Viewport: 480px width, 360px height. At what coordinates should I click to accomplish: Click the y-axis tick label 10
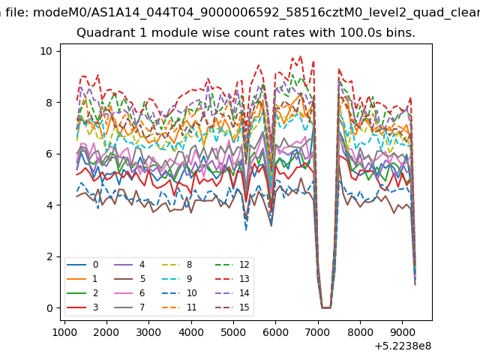tap(46, 51)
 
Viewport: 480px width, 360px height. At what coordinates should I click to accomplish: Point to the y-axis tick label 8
tap(49, 103)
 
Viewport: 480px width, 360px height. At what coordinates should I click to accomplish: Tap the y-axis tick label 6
tap(49, 154)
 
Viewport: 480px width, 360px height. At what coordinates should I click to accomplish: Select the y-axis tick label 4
tap(49, 205)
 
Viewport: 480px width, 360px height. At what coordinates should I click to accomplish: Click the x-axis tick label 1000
tap(64, 332)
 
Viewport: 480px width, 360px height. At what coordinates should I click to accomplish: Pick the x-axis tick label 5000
tap(233, 332)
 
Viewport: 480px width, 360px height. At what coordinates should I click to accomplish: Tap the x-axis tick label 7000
tap(318, 332)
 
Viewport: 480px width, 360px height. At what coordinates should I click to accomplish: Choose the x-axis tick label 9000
tap(402, 332)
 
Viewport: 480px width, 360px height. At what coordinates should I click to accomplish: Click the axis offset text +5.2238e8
tap(403, 346)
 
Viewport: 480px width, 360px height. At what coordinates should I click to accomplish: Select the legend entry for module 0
tap(82, 265)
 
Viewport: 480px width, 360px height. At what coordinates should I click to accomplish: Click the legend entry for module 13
tap(232, 279)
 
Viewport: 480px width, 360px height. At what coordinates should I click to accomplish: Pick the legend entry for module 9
tap(177, 279)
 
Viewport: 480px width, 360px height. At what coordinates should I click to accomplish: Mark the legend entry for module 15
tap(232, 307)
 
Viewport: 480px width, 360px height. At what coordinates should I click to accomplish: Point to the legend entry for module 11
tap(178, 307)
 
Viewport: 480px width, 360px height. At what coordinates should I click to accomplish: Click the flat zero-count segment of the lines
tap(326, 308)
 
